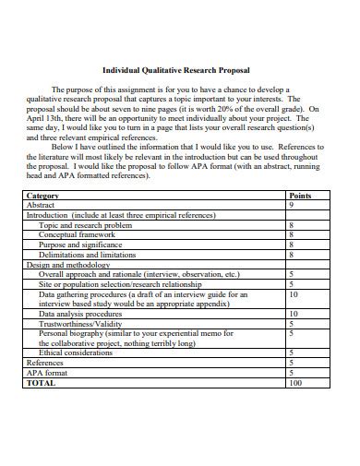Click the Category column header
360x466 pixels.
43,197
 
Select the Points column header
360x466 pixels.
300,197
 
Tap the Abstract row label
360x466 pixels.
42,206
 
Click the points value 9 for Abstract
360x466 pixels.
292,206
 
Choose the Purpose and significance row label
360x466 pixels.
79,245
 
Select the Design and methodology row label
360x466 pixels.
64,264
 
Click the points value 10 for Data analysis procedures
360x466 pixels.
294,314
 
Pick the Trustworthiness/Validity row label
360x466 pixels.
80,323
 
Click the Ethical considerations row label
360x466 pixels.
76,352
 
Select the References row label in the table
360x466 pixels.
45,363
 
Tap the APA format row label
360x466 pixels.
49,372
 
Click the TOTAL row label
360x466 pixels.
41,382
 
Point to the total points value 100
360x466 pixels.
295,382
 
